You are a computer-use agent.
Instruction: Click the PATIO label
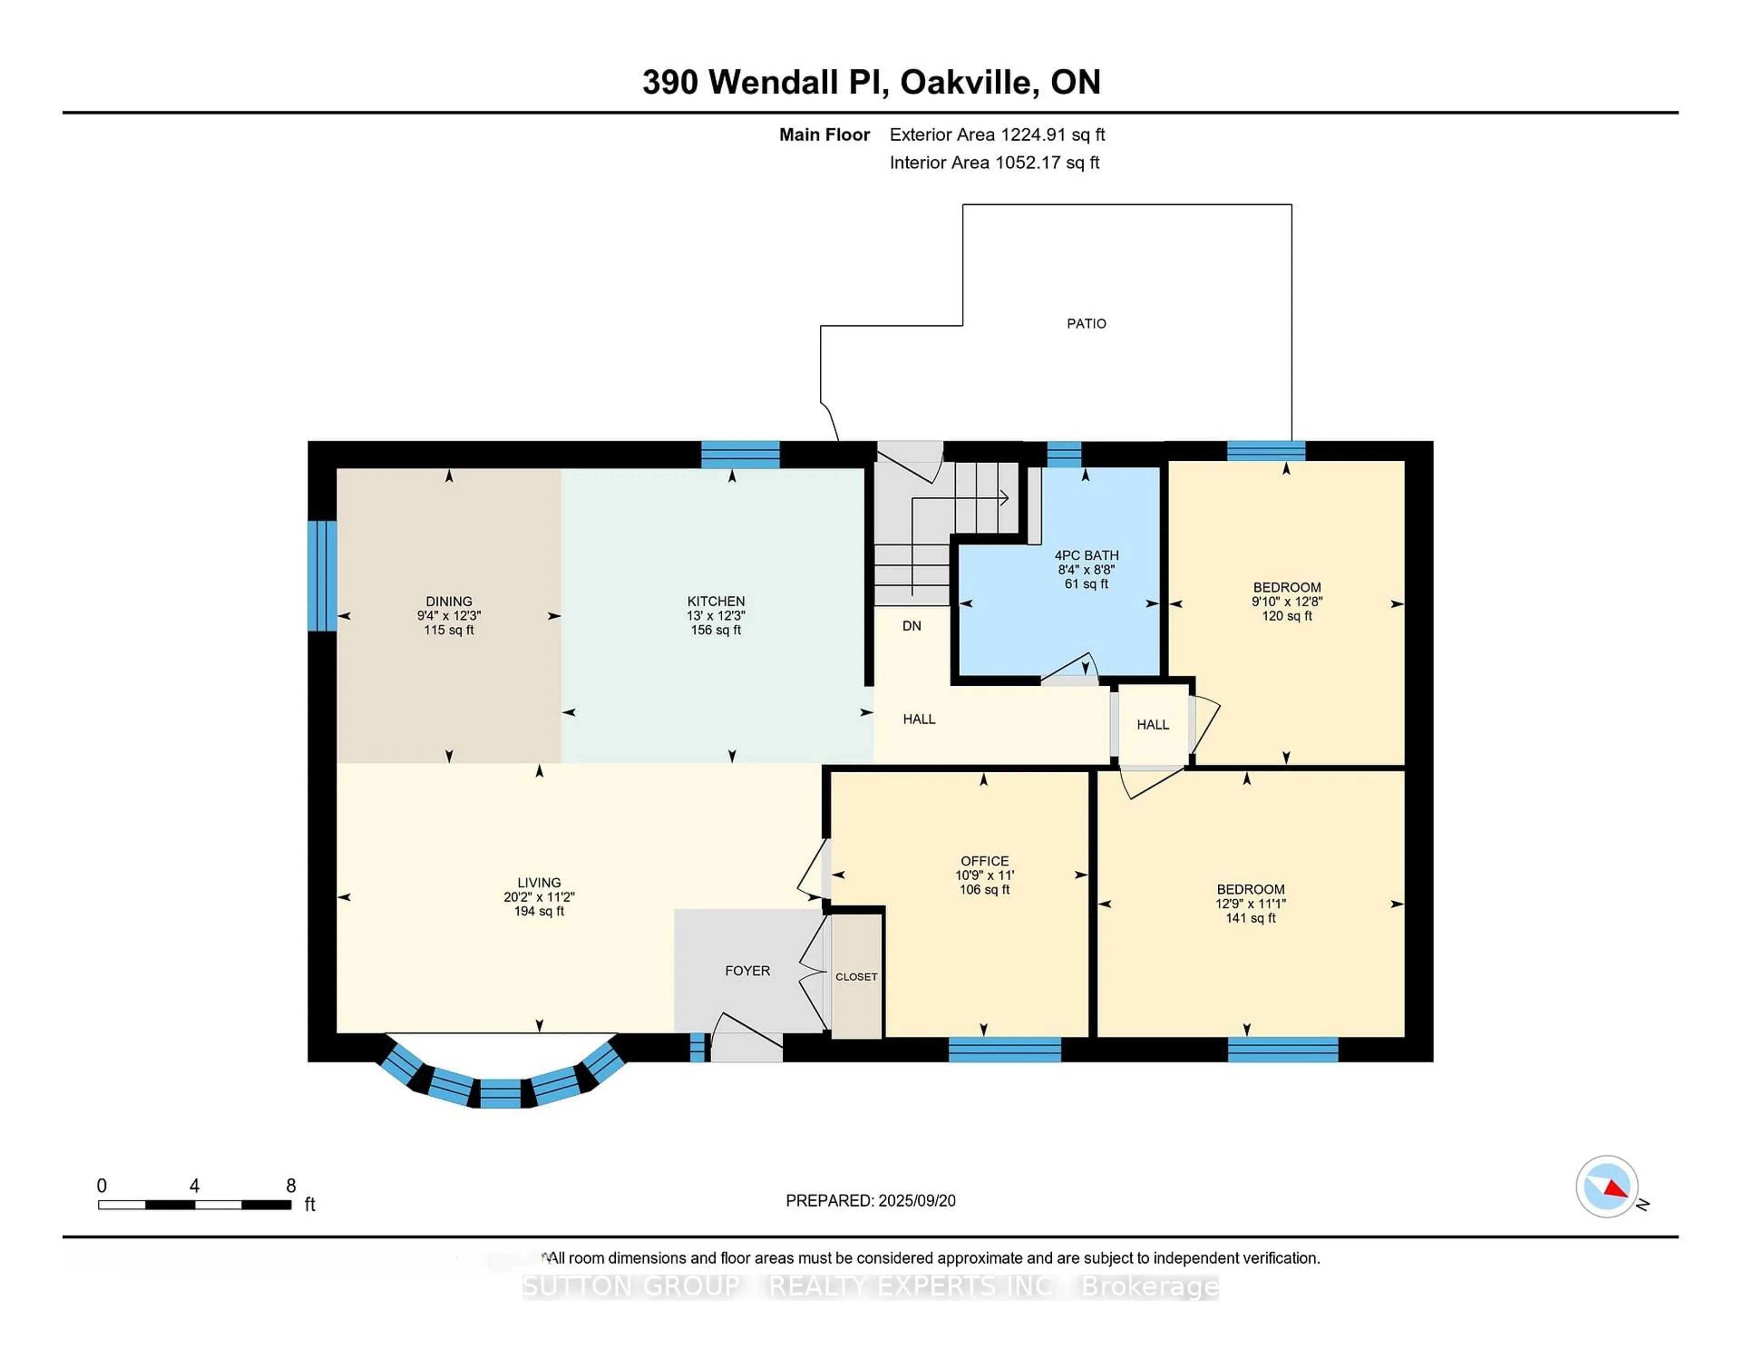(1086, 324)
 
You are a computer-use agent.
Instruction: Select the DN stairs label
(911, 626)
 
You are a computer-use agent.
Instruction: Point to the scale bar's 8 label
(291, 1186)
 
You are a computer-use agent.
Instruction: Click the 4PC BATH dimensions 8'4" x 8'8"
(1086, 569)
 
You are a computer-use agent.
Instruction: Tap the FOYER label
(747, 970)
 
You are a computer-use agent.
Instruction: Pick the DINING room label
(449, 601)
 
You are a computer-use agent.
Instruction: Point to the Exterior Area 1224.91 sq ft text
(997, 135)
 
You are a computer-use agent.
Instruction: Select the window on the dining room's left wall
(322, 575)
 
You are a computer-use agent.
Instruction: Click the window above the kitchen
(740, 454)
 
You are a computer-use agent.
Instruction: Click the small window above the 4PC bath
(1063, 454)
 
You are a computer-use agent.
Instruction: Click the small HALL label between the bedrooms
(1153, 724)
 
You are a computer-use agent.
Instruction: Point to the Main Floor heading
(824, 135)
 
